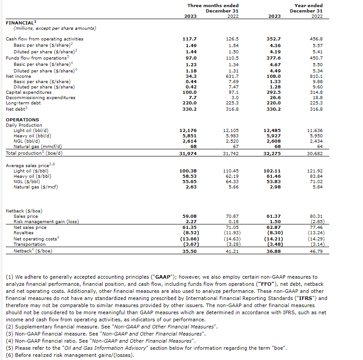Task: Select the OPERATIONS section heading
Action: [x=22, y=120]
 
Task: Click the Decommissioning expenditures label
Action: [x=40, y=98]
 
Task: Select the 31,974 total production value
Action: [x=188, y=153]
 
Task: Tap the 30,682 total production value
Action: [x=315, y=153]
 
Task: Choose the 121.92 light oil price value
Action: [x=315, y=171]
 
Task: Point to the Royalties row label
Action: [x=24, y=232]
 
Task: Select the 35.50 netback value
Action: [x=189, y=251]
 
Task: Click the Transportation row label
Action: [x=29, y=244]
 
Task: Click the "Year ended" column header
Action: [x=309, y=5]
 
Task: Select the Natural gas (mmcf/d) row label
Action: [x=38, y=146]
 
